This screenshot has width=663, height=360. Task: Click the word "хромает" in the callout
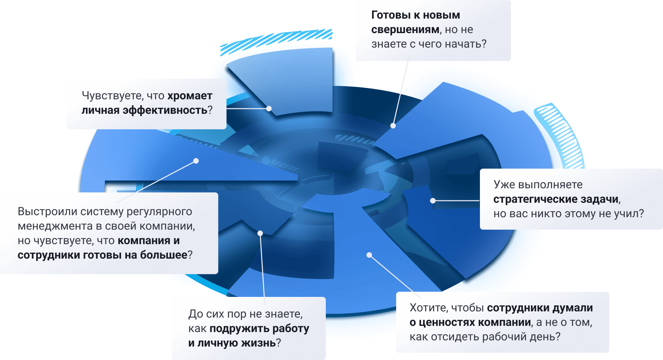[190, 96]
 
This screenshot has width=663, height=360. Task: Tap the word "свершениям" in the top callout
[405, 30]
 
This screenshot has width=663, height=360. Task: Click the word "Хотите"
[428, 308]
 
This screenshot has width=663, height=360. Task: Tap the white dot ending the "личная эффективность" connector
[269, 109]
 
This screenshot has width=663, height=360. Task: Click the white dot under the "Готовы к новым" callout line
[393, 126]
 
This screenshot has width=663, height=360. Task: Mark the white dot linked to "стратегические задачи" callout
[433, 200]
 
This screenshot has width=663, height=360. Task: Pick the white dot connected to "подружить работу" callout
[260, 233]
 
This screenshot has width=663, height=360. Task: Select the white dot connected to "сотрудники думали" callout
[369, 255]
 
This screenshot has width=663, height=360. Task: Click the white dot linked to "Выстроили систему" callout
[196, 161]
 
